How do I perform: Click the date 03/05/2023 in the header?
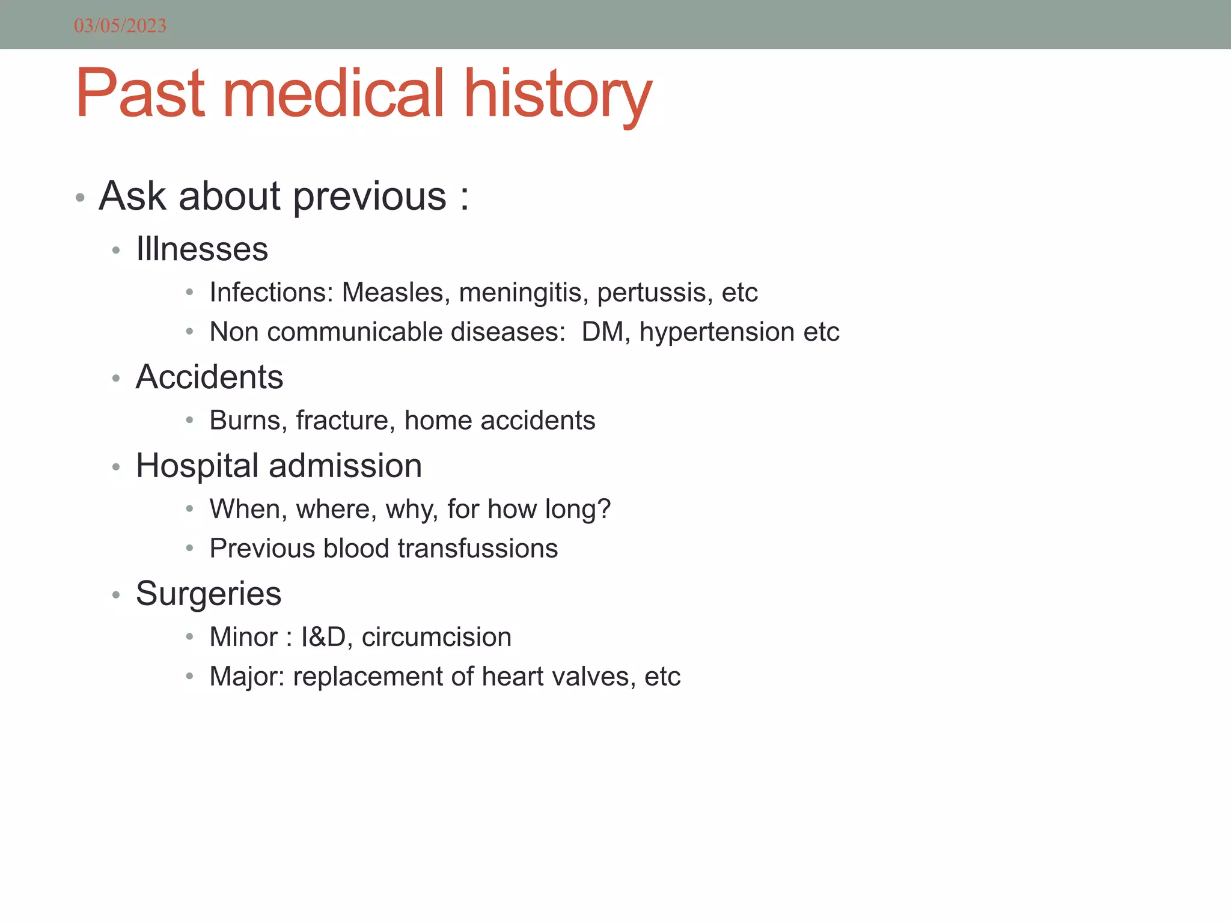point(120,26)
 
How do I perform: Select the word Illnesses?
point(202,249)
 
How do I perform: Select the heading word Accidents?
point(209,377)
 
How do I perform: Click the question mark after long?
point(604,509)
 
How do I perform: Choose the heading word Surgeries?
point(208,594)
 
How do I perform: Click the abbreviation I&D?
point(324,637)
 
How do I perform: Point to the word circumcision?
point(436,637)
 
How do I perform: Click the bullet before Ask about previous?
point(80,198)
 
